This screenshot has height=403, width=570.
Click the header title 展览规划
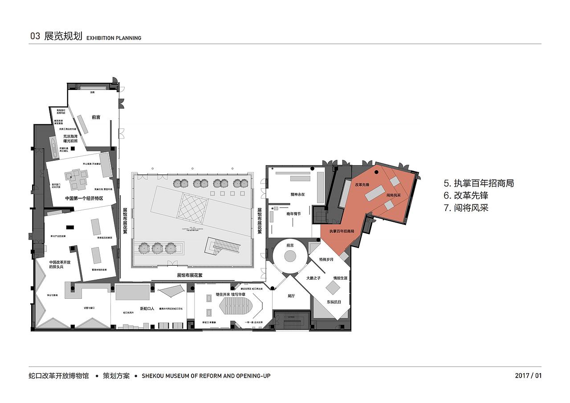63,37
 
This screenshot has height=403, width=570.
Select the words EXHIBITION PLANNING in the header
114,38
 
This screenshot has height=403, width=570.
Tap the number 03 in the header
35,37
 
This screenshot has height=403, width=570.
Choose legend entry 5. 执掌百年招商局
479,183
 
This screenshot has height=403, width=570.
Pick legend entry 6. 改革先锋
466,195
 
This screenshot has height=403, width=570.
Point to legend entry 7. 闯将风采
466,208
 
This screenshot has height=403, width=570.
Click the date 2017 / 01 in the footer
528,375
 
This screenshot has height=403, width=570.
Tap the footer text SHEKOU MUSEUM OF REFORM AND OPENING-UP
206,376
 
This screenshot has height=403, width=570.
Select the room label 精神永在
297,195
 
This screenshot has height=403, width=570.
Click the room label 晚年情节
293,214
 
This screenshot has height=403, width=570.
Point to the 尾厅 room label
292,296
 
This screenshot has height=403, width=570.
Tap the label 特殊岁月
326,259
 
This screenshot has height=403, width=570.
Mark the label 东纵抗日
334,302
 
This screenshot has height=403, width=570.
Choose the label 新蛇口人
147,308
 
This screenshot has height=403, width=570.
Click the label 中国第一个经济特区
84,198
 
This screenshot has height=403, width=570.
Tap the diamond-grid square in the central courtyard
194,206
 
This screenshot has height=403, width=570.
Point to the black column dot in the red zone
377,172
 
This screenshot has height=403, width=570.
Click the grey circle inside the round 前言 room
290,256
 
